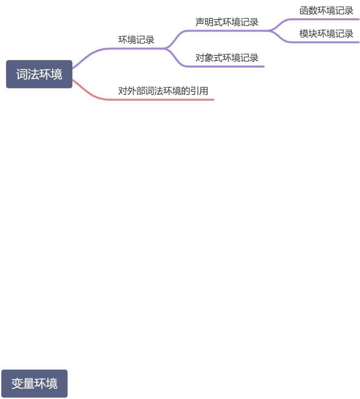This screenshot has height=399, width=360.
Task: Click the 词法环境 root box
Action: (x=39, y=74)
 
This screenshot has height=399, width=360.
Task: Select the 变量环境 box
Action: (x=34, y=384)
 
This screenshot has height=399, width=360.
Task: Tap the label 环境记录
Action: (x=136, y=40)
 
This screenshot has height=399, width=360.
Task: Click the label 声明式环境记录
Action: (x=227, y=22)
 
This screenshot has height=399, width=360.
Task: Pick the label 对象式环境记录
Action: (x=227, y=58)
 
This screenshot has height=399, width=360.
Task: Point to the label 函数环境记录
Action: (x=326, y=11)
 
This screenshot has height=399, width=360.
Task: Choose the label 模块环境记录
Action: (x=326, y=34)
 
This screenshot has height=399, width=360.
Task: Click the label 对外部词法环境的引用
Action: (x=163, y=91)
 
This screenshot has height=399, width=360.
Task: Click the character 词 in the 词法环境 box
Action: (x=22, y=74)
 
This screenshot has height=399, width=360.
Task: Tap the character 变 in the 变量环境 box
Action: (x=17, y=384)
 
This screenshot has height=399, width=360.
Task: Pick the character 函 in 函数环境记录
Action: (x=304, y=11)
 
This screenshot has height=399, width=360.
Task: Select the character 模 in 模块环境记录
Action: (x=304, y=34)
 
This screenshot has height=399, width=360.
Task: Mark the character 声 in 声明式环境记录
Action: (x=200, y=22)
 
